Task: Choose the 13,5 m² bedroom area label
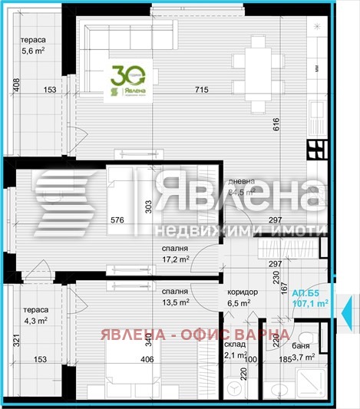pyautogui.click(x=176, y=302)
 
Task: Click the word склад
pyautogui.click(x=234, y=345)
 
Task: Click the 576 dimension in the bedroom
pyautogui.click(x=117, y=220)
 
